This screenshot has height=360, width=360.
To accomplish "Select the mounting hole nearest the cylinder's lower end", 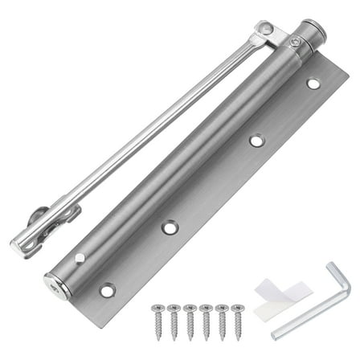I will point(106,289).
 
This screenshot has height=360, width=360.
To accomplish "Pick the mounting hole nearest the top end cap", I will point(313,83).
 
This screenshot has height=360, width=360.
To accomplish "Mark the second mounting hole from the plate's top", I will point(256,140).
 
